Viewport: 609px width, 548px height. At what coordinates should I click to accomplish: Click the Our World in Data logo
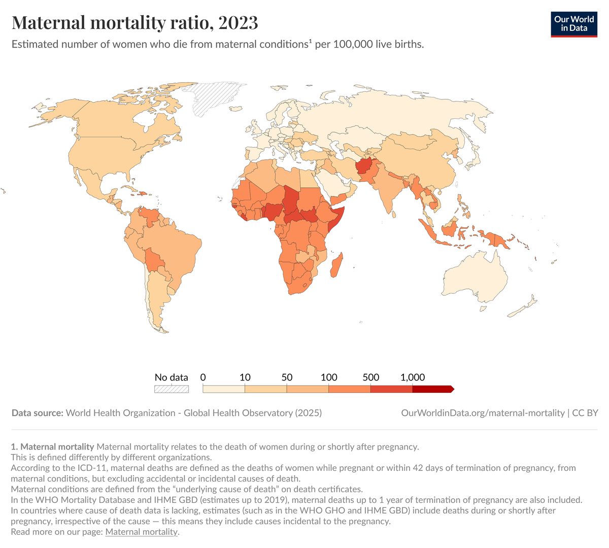click(573, 24)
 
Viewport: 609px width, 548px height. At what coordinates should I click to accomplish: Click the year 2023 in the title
click(239, 23)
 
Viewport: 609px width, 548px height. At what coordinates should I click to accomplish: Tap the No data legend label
click(171, 378)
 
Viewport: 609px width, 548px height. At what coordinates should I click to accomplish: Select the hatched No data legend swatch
click(172, 389)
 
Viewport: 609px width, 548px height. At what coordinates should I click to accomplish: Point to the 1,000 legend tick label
click(413, 378)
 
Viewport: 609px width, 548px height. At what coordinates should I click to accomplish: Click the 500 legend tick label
click(371, 378)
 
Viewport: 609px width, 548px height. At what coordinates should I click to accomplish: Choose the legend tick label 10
click(245, 378)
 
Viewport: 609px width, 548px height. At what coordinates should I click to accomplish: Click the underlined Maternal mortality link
click(142, 532)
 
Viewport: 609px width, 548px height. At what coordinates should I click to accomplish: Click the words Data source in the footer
click(37, 413)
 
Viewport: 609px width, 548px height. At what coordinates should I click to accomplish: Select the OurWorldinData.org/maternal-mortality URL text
click(483, 413)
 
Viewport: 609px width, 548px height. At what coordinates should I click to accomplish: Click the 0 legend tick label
click(203, 378)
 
